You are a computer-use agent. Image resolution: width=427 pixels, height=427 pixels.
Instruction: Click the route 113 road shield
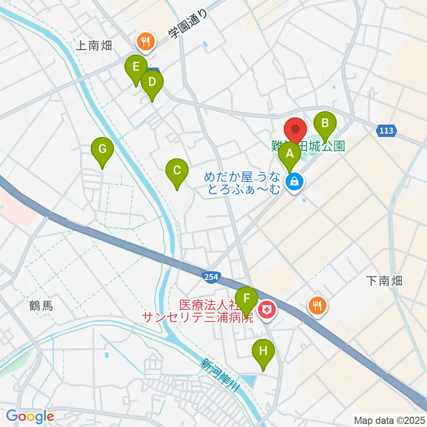pos(387,131)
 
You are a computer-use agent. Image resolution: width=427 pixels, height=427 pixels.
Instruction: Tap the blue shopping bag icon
pos(294,181)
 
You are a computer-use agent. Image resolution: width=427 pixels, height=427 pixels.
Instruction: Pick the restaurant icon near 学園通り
pos(145,42)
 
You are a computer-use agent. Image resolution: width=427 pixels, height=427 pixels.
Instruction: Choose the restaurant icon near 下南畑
pos(318,305)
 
